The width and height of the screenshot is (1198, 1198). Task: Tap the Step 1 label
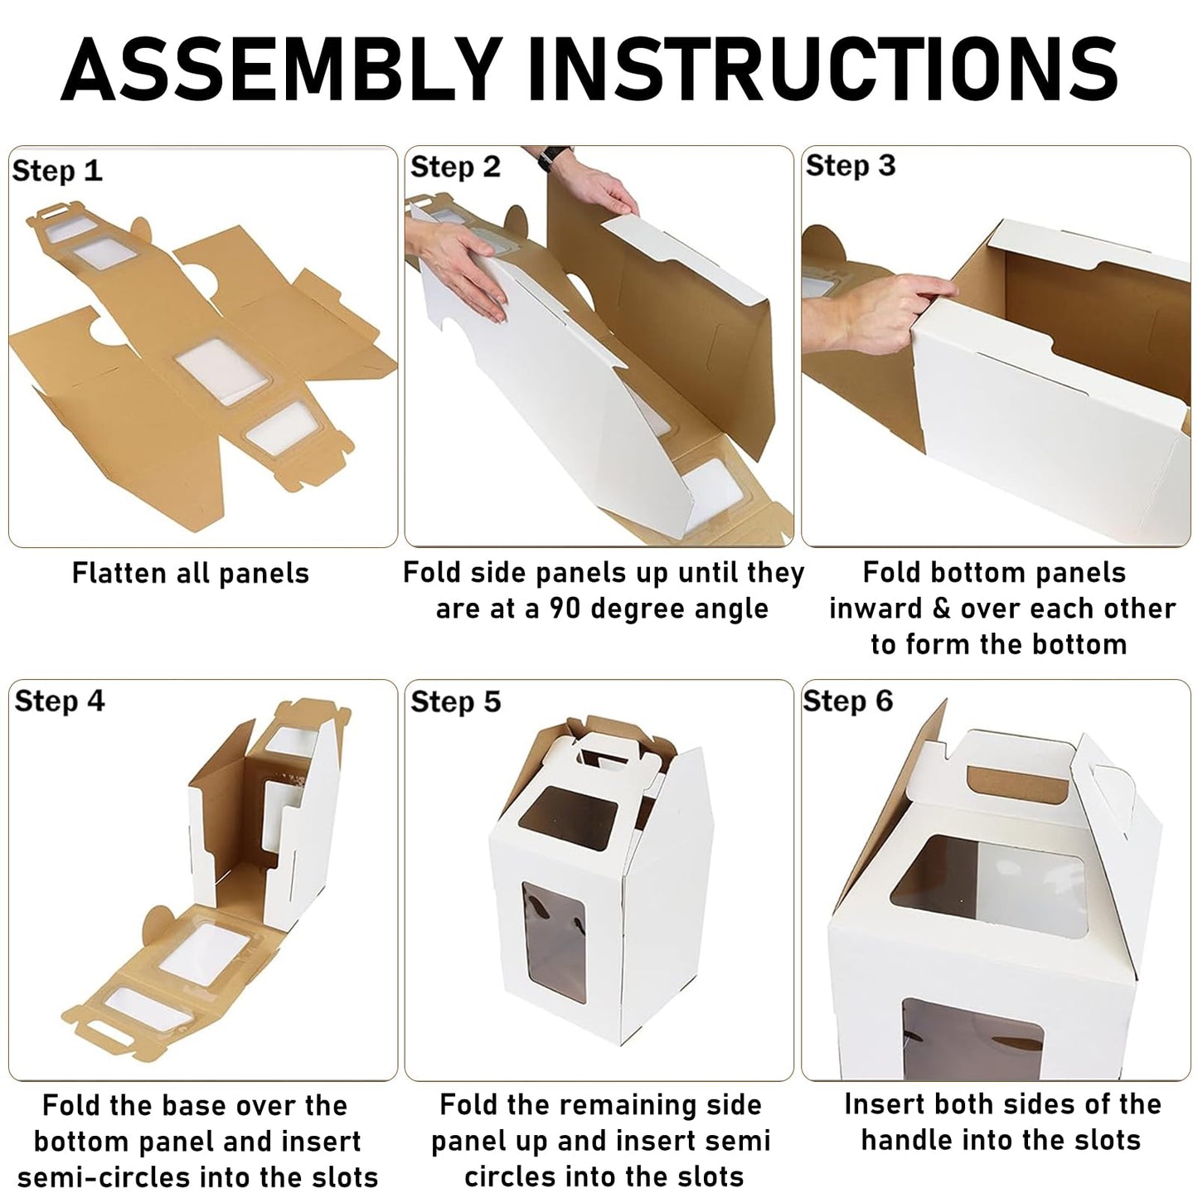click(57, 170)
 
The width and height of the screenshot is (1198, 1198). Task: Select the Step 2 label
click(455, 167)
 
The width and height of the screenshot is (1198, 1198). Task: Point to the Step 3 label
click(851, 165)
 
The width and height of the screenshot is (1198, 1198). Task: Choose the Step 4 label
click(60, 701)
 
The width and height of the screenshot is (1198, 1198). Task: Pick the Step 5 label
click(456, 701)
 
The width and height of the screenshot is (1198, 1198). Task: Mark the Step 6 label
click(848, 701)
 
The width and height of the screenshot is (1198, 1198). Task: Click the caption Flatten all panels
click(190, 573)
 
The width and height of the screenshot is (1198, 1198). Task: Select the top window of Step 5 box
click(568, 818)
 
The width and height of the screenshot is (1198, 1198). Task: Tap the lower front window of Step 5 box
click(554, 942)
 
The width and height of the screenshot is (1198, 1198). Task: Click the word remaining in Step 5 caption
click(623, 1105)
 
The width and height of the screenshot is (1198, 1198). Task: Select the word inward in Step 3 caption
click(876, 609)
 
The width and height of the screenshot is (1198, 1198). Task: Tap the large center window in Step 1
click(223, 371)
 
